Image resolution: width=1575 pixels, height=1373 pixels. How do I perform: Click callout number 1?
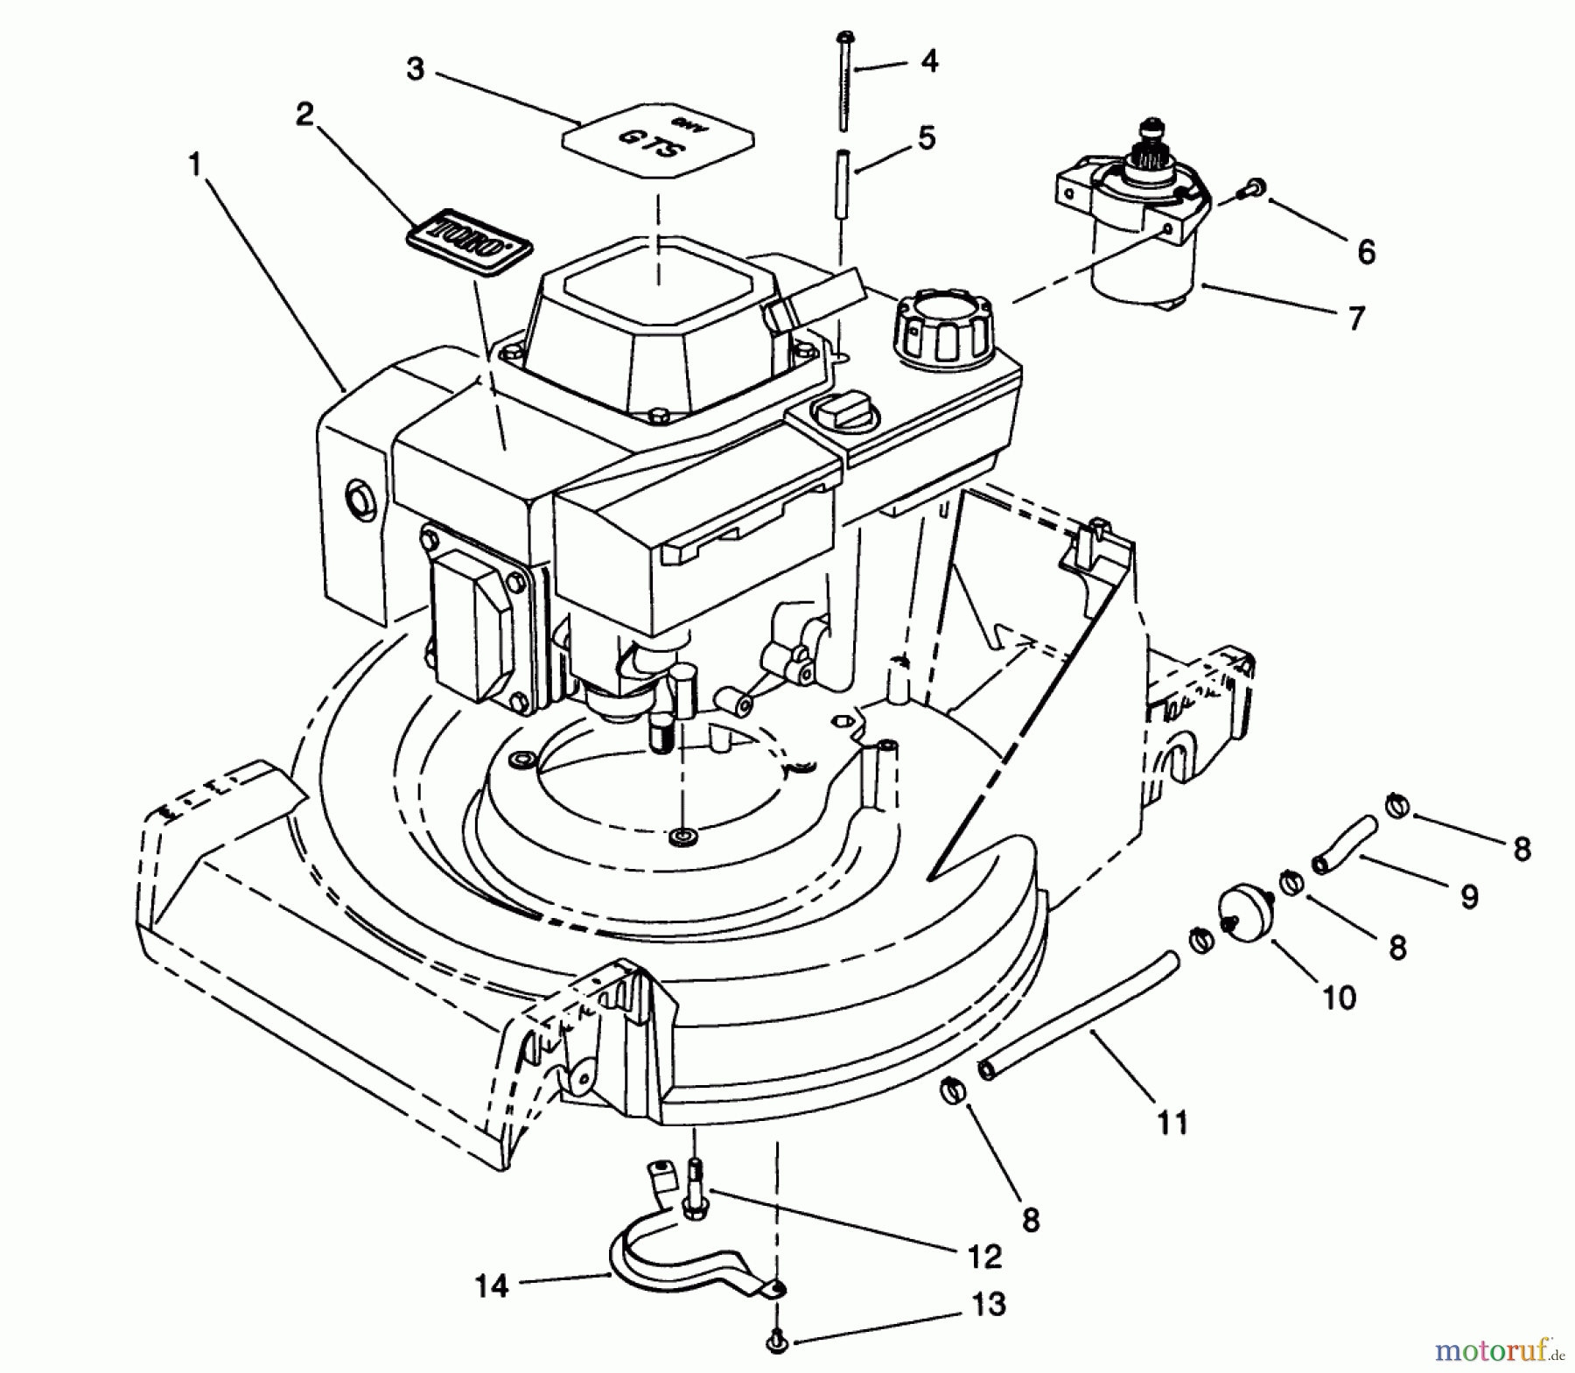[x=196, y=165]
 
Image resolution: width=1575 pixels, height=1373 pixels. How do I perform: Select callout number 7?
[x=1355, y=319]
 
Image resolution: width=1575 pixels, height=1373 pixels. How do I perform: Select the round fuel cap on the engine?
[x=942, y=330]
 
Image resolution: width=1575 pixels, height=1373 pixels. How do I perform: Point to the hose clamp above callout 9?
[x=1397, y=804]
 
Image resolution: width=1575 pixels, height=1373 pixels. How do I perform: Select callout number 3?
[x=416, y=69]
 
